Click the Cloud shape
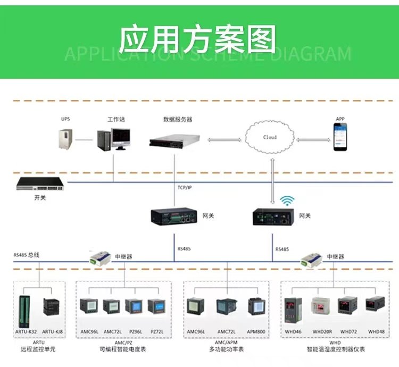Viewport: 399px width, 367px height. pos(270,137)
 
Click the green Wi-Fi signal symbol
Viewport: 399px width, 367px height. pos(287,201)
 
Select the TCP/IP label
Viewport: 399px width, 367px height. pos(186,188)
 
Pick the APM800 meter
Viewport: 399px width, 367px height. pos(256,307)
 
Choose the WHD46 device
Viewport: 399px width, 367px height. pos(294,308)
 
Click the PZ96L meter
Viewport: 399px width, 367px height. pos(134,307)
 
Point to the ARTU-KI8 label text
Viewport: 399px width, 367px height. pos(52,332)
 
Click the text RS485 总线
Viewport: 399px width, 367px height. pos(27,255)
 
